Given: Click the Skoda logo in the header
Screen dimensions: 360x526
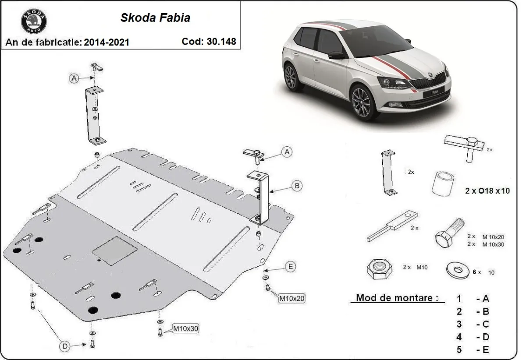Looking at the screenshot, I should (x=33, y=21).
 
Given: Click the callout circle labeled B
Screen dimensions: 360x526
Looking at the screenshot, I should (x=297, y=186).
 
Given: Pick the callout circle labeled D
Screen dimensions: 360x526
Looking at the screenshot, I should (x=64, y=346).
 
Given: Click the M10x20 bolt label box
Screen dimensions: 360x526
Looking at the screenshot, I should (x=291, y=299).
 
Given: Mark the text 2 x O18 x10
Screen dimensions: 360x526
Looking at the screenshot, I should (x=487, y=191).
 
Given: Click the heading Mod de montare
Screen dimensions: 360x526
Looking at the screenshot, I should (x=397, y=298).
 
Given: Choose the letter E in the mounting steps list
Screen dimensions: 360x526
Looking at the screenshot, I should (x=485, y=349).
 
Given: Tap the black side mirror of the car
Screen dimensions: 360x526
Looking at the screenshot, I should (x=337, y=55).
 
